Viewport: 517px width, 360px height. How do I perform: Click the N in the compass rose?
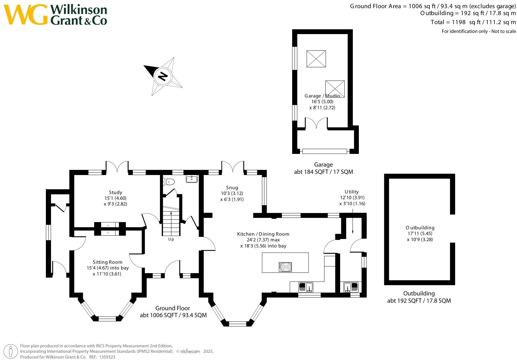coord(163,76)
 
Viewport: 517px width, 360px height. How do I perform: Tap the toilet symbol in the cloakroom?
coord(169,182)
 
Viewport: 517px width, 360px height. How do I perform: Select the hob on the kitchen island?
coord(285,267)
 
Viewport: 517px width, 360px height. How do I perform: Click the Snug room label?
coord(232,187)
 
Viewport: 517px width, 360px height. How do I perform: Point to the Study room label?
coord(116,192)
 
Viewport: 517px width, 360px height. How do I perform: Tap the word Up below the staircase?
coord(171,239)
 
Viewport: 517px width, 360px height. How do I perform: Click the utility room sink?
coord(351,287)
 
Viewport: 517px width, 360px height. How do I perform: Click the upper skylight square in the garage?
coord(316,59)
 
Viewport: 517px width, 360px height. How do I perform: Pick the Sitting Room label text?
coord(107,262)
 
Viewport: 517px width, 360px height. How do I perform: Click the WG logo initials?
coord(26,15)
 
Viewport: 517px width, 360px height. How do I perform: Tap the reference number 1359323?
coord(107,357)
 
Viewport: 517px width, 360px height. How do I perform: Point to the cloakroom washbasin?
coord(192,179)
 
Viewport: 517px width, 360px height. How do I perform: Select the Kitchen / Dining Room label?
coord(263,234)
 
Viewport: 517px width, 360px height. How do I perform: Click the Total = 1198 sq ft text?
coord(473,22)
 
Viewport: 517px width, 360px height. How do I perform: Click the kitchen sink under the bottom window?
coord(306,287)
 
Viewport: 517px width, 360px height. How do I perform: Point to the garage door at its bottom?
coord(324,151)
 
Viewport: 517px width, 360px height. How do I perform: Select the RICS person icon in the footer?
coord(11,352)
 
